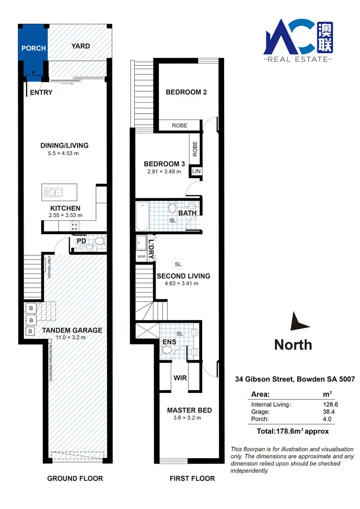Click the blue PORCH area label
34,48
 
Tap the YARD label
81,46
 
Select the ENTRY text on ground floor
41,93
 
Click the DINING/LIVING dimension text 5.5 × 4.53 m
64,154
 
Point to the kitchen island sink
52,192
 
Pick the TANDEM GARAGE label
72,330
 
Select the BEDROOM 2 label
186,92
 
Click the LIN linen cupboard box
196,171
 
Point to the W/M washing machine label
141,257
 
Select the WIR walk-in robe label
180,378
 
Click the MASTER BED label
189,410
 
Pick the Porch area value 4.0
328,419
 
